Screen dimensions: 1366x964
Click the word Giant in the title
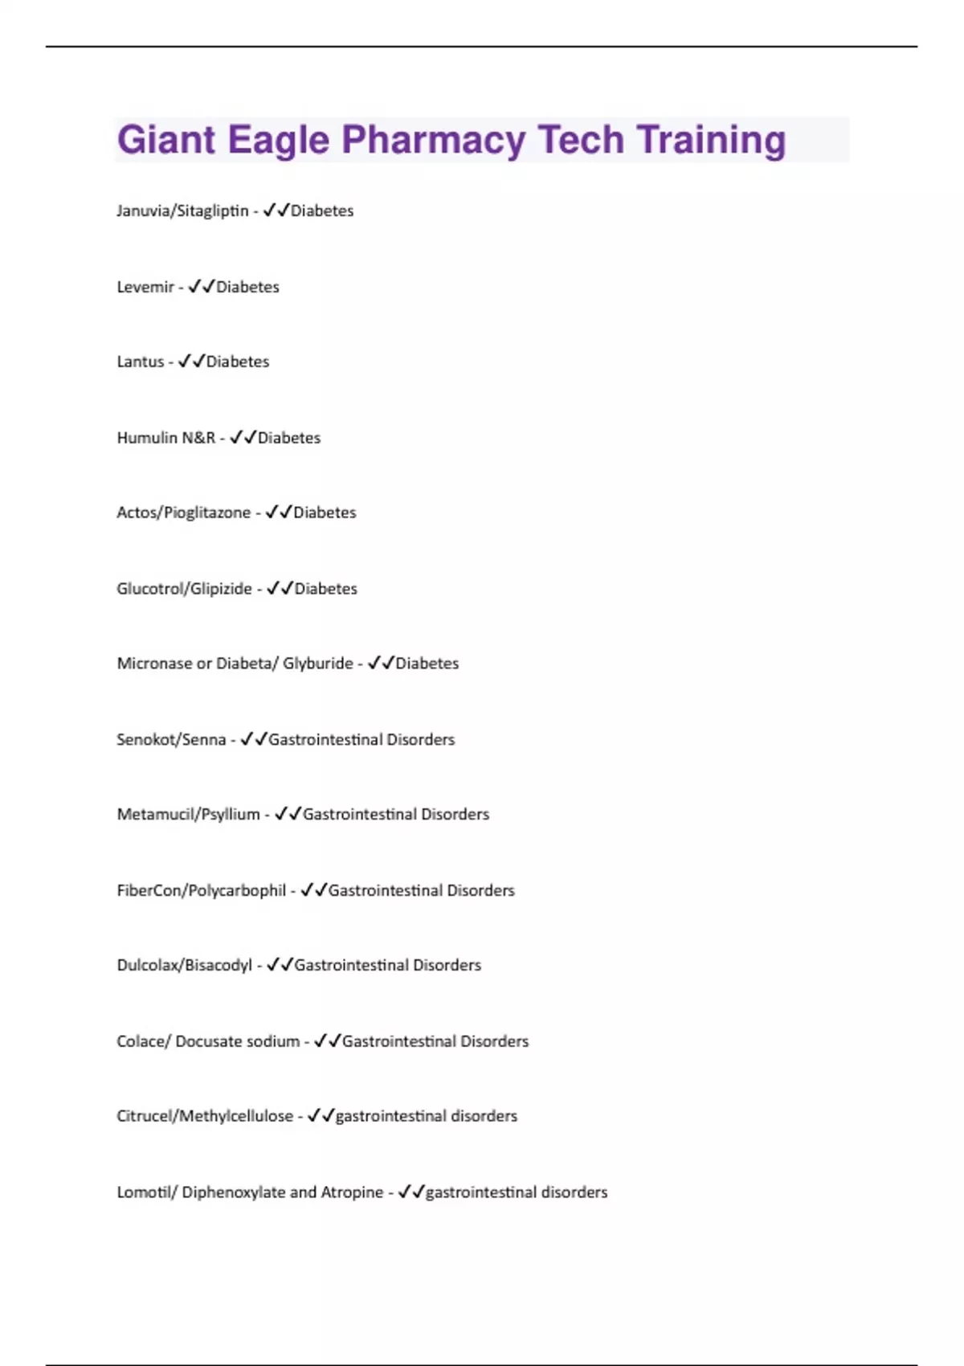[x=166, y=140]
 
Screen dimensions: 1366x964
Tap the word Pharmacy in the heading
[x=434, y=140]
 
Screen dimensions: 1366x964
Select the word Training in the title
[x=712, y=140]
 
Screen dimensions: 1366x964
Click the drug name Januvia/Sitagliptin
[x=182, y=211]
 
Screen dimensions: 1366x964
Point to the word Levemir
[x=145, y=287]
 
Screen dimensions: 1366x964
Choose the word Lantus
[x=141, y=362]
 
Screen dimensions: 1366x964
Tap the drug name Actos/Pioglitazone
[x=183, y=513]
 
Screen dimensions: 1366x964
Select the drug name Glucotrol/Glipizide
[x=184, y=589]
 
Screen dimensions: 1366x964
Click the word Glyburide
[x=317, y=664]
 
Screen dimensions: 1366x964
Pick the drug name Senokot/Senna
[x=171, y=739]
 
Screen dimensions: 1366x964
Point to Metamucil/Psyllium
[x=189, y=815]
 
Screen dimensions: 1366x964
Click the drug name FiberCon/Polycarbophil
[x=201, y=890]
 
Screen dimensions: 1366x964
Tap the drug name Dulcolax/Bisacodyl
[x=184, y=965]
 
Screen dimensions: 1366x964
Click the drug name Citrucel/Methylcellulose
[x=205, y=1116]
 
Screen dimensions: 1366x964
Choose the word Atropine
[x=352, y=1192]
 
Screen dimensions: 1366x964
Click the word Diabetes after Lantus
[x=238, y=362]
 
